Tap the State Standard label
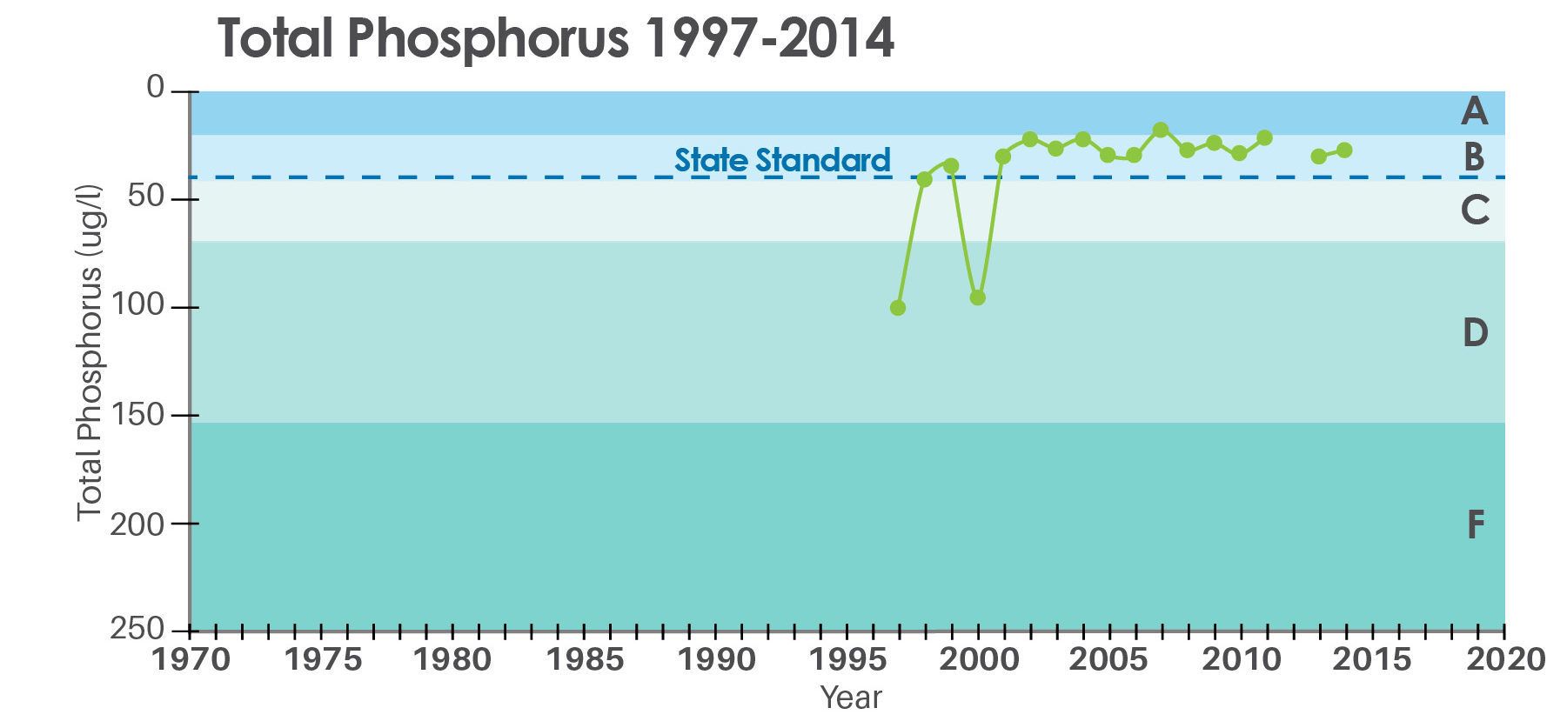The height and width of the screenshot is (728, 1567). pyautogui.click(x=782, y=160)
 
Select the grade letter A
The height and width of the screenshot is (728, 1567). pyautogui.click(x=1474, y=112)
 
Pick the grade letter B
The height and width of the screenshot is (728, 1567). pyautogui.click(x=1474, y=157)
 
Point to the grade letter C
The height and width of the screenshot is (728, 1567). pyautogui.click(x=1474, y=210)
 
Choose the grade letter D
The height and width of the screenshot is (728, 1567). pyautogui.click(x=1475, y=332)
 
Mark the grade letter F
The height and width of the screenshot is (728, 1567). pyautogui.click(x=1475, y=524)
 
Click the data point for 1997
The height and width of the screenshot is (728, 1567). pyautogui.click(x=898, y=308)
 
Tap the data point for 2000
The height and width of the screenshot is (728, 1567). pyautogui.click(x=977, y=297)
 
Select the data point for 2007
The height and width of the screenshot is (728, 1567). pyautogui.click(x=1160, y=130)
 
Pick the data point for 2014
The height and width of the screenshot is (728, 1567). pyautogui.click(x=1344, y=150)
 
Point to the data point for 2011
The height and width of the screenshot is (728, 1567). pyautogui.click(x=1265, y=137)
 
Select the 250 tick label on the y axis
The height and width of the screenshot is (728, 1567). pyautogui.click(x=137, y=629)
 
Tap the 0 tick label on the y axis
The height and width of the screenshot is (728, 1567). pyautogui.click(x=156, y=87)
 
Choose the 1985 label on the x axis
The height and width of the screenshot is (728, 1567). pyautogui.click(x=584, y=659)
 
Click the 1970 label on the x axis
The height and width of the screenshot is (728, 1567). pyautogui.click(x=191, y=659)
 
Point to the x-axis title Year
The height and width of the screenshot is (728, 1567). pyautogui.click(x=851, y=698)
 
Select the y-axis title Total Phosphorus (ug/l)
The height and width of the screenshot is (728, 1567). pyautogui.click(x=90, y=353)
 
